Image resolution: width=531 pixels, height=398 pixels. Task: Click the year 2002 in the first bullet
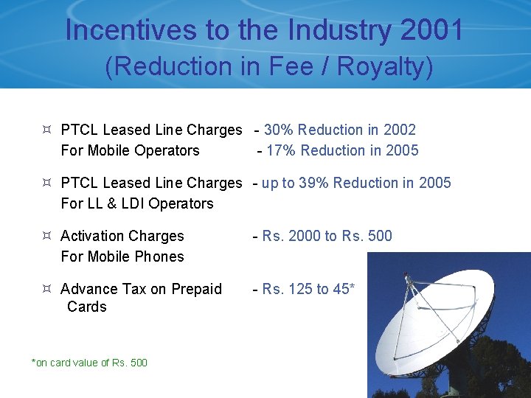pos(399,130)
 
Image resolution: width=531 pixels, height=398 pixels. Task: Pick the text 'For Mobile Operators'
pos(130,150)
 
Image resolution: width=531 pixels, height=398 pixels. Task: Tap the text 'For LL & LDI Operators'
pos(136,203)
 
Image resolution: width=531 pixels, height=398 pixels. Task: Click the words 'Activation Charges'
pos(122,236)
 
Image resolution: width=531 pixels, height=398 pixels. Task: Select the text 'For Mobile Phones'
pos(122,256)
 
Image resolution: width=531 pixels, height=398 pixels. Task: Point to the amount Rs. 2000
pos(291,236)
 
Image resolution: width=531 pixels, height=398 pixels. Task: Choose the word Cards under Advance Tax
pos(86,307)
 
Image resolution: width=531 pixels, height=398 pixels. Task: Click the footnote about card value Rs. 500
pos(89,363)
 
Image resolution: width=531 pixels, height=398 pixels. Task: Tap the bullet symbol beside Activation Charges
pos(46,236)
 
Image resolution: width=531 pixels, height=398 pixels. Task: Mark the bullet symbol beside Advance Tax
pos(46,289)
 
